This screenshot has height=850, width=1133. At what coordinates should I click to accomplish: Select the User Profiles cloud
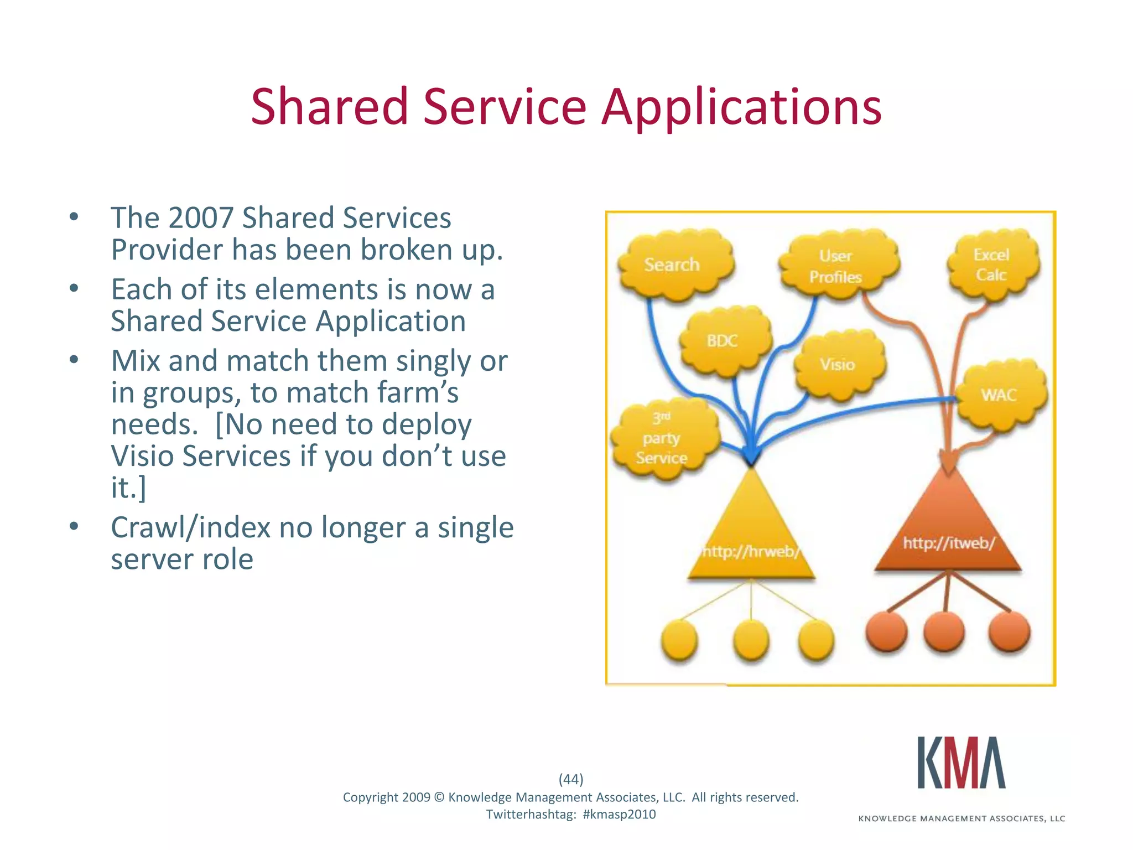837,266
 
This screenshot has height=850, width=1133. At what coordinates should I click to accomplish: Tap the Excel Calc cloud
992,265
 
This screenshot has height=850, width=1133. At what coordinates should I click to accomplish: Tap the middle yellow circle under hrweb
751,640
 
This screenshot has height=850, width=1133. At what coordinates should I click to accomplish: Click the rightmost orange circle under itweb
1009,631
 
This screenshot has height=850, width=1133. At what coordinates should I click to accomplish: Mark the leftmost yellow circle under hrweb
679,640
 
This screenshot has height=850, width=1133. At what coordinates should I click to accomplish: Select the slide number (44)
571,779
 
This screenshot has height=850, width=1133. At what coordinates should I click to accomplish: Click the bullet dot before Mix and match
74,360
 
